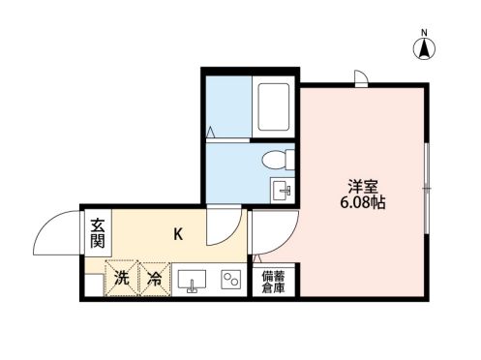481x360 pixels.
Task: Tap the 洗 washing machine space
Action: click(x=122, y=279)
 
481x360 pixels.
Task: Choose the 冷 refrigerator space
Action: click(x=155, y=279)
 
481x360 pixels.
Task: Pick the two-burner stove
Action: click(x=231, y=280)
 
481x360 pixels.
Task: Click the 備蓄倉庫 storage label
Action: click(x=273, y=281)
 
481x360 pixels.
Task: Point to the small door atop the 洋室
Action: click(x=361, y=79)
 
